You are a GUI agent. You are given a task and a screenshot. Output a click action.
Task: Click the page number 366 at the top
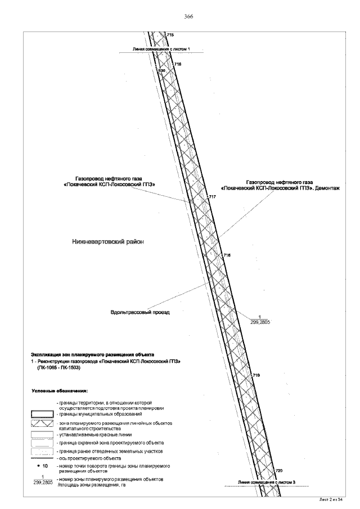pyautogui.click(x=188, y=17)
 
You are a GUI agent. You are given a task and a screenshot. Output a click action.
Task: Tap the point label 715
pyautogui.click(x=170, y=35)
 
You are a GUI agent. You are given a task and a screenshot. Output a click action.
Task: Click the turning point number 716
pyautogui.click(x=178, y=65)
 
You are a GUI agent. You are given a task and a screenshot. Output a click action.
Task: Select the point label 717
pyautogui.click(x=212, y=197)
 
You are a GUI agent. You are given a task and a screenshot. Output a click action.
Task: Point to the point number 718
pyautogui.click(x=227, y=255)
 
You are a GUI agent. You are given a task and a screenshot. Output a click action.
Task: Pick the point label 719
pyautogui.click(x=256, y=375)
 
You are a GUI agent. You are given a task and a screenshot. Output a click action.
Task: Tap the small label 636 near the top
pyautogui.click(x=161, y=71)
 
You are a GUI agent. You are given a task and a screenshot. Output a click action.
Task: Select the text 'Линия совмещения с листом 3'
pyautogui.click(x=267, y=483)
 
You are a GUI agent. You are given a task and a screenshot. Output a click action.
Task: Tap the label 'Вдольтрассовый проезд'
pyautogui.click(x=140, y=312)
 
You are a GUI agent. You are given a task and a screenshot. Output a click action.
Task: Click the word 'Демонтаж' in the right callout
pyautogui.click(x=328, y=188)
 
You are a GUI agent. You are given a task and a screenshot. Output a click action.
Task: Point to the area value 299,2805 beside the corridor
pyautogui.click(x=259, y=323)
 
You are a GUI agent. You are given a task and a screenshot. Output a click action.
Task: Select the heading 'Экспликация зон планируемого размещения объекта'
pyautogui.click(x=92, y=355)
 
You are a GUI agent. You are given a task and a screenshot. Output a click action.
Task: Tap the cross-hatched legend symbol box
pyautogui.click(x=42, y=422)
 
